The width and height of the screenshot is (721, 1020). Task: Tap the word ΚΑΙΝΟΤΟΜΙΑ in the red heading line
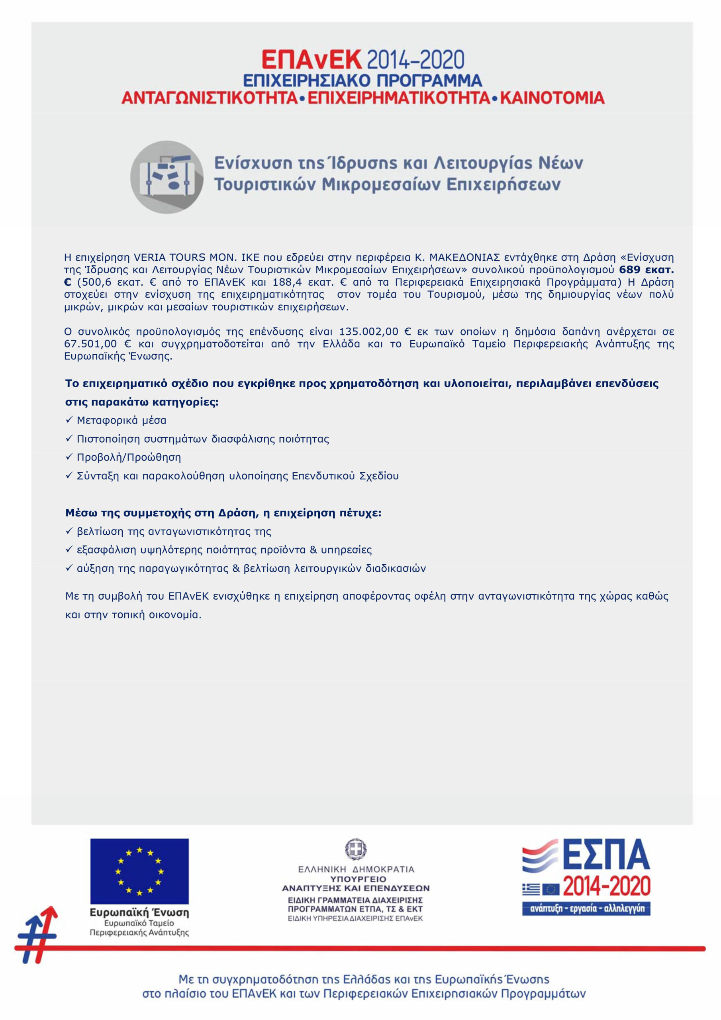552,98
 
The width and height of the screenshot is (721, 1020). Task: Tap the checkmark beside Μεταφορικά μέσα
69,420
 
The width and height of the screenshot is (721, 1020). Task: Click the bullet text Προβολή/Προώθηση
129,457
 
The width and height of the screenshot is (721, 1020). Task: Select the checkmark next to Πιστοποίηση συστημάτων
69,438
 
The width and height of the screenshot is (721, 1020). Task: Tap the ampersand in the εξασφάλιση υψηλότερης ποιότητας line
313,550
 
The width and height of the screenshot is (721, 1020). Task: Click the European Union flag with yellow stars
139,871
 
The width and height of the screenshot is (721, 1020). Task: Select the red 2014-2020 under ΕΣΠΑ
606,887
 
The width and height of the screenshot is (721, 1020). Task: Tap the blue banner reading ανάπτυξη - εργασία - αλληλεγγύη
586,909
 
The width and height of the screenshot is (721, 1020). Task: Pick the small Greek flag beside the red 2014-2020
531,889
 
